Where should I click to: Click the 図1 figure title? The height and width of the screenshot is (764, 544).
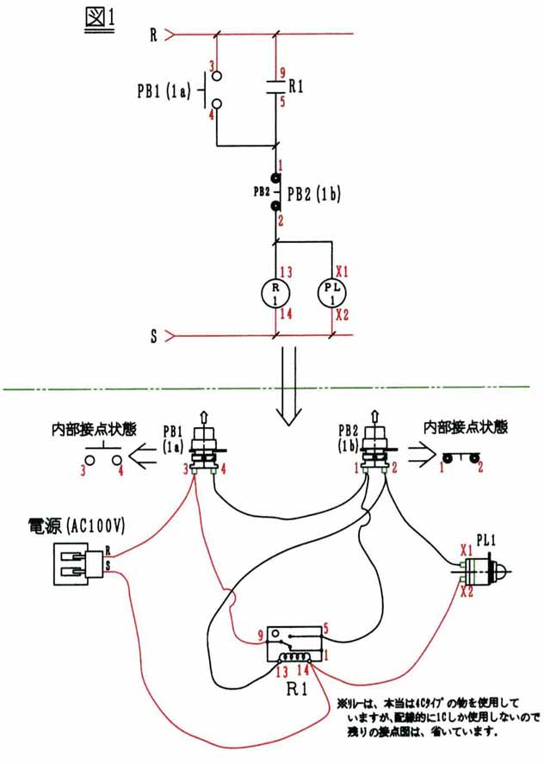(100, 19)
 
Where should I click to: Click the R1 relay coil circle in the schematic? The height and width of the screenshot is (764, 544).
(275, 291)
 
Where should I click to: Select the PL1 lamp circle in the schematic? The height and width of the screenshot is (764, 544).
(332, 291)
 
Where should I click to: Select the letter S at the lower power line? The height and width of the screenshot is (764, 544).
(153, 335)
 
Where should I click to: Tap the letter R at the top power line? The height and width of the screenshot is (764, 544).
(153, 35)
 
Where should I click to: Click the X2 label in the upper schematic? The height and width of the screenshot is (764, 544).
(341, 314)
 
